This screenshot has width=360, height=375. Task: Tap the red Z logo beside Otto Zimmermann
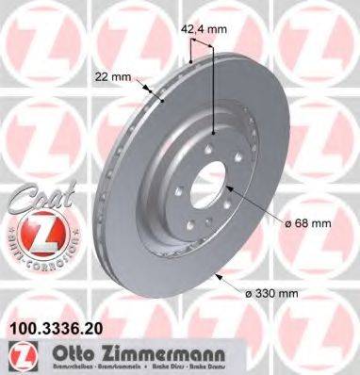(x=20, y=355)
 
